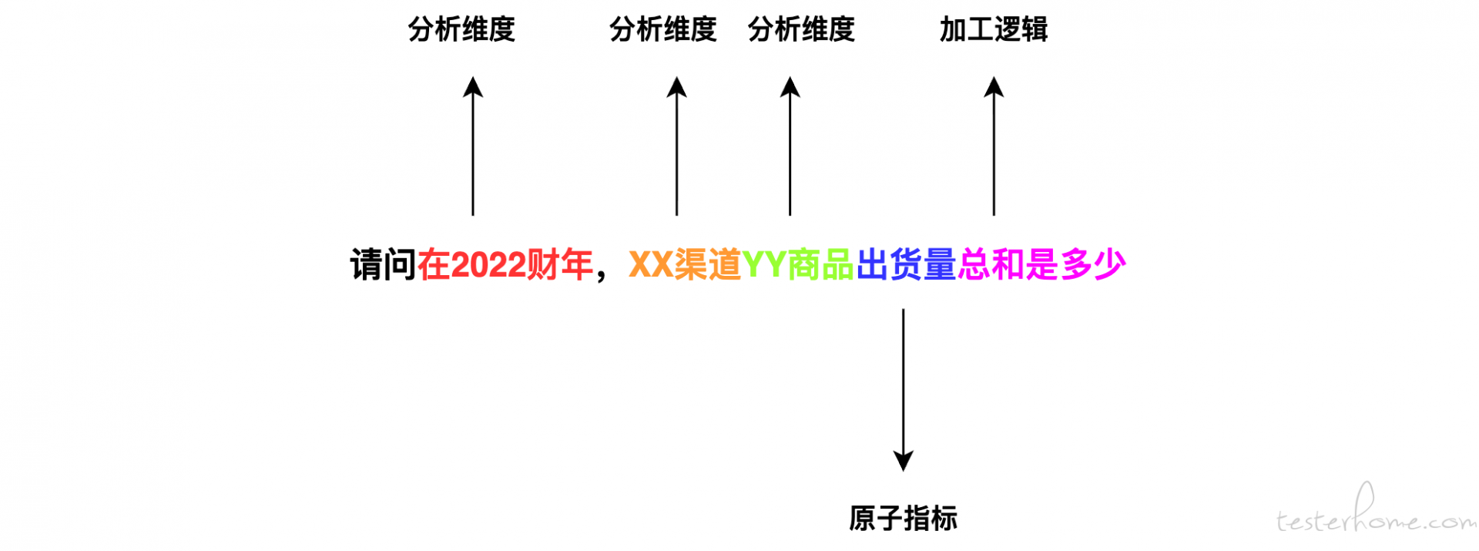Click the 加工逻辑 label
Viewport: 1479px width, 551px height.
(993, 30)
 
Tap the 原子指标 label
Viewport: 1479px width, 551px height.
(903, 519)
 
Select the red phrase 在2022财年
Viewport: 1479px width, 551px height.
(505, 265)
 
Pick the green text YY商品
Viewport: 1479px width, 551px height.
(797, 265)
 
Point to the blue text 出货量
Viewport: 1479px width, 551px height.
(906, 265)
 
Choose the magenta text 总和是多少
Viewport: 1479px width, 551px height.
(1041, 265)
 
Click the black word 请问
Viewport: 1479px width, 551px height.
(383, 265)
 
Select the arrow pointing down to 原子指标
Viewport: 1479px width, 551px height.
(903, 385)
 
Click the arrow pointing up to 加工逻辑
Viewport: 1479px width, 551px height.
(994, 146)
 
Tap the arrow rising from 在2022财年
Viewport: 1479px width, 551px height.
(473, 146)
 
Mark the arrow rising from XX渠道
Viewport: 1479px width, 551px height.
(676, 146)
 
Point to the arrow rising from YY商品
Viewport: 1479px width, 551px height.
(790, 146)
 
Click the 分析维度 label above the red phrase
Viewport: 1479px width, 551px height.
(461, 30)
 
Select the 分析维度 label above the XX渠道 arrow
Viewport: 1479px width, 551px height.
(662, 30)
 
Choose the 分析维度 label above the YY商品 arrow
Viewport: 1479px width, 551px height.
(801, 30)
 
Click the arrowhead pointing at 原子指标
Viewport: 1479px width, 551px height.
(903, 461)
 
